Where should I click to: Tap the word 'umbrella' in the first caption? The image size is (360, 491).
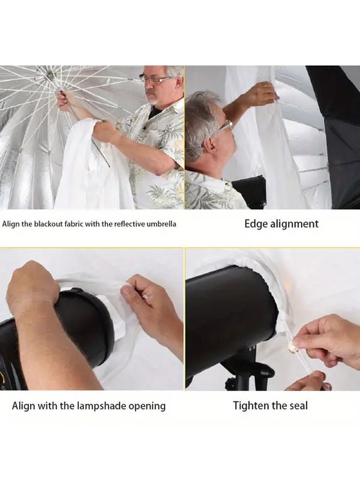[x=161, y=224]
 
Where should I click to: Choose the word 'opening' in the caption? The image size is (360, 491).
[x=147, y=406]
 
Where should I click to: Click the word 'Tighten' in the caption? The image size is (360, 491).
[x=253, y=406]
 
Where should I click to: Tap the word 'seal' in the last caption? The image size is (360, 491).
[x=297, y=406]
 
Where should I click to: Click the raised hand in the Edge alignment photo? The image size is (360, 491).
[x=261, y=94]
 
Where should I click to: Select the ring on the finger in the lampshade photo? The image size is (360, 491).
[x=146, y=297]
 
